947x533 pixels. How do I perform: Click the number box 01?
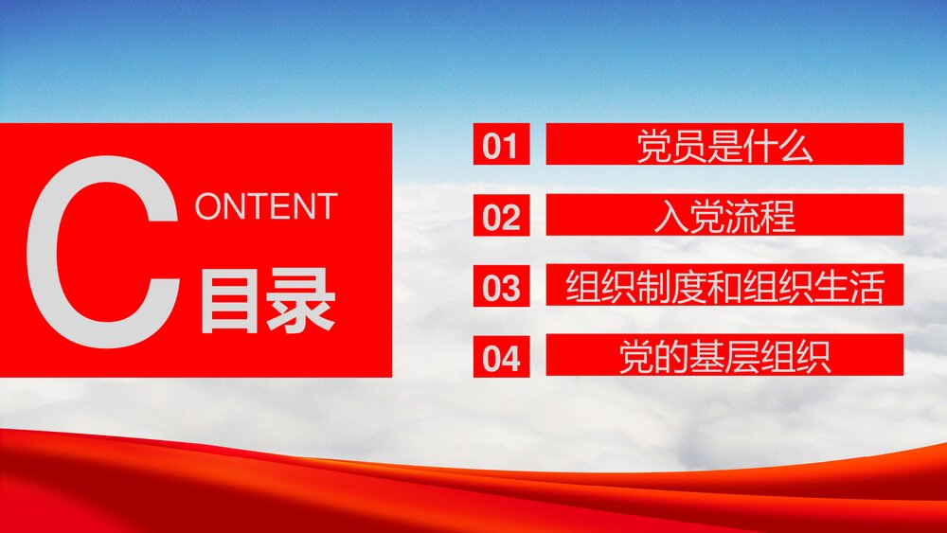point(501,146)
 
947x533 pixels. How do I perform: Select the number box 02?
point(501,217)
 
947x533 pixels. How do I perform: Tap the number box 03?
point(501,287)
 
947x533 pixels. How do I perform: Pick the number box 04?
point(501,358)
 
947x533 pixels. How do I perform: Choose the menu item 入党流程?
point(724,216)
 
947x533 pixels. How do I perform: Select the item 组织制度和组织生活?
point(724,287)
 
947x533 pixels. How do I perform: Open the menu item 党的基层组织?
point(724,358)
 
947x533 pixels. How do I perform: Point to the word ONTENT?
point(266,206)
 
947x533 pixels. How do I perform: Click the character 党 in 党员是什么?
point(654,147)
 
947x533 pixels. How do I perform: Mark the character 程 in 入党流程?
point(777,217)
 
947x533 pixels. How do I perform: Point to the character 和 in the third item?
point(724,288)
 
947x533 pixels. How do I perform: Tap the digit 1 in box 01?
point(511,147)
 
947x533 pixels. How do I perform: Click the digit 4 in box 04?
point(511,359)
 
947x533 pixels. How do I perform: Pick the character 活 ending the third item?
point(867,288)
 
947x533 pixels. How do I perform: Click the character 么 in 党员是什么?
point(796,147)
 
